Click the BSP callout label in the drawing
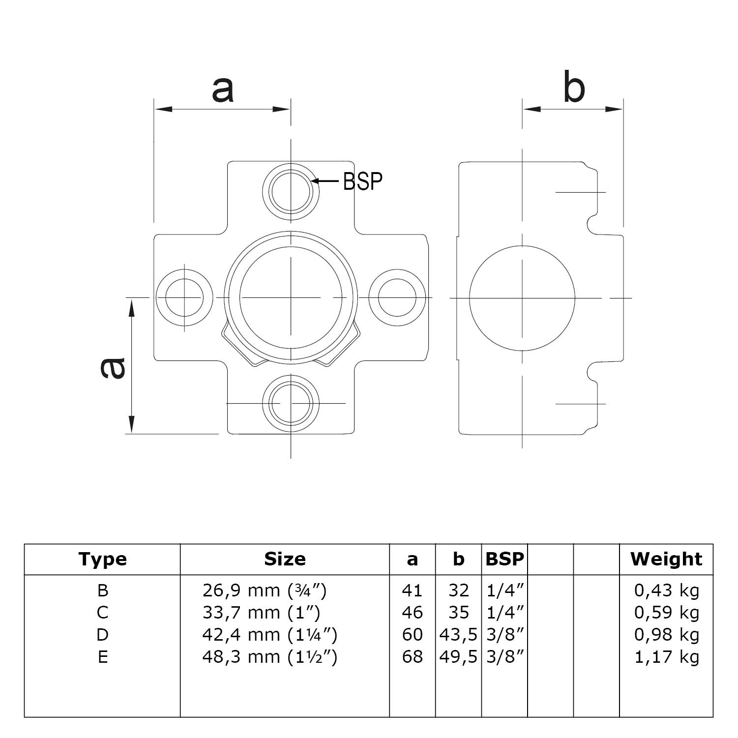(x=362, y=181)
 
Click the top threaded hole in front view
(x=291, y=191)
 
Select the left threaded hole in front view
(x=184, y=297)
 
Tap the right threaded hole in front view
(x=397, y=297)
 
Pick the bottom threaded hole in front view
(x=291, y=403)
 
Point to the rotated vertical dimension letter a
(x=114, y=368)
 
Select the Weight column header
(x=666, y=559)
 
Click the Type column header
(x=102, y=559)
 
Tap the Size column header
(x=285, y=559)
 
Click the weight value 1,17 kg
(x=666, y=657)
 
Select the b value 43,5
(x=458, y=635)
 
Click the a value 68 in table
(x=412, y=657)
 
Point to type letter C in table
(x=102, y=613)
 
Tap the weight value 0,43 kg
(x=666, y=590)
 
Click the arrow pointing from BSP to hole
(x=325, y=181)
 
